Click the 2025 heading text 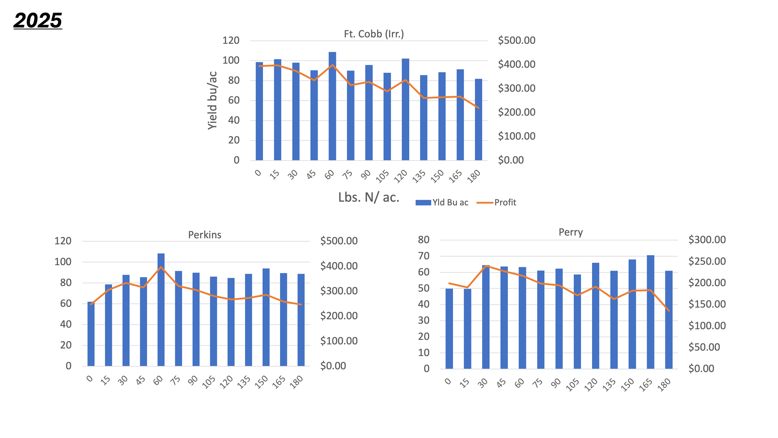[38, 20]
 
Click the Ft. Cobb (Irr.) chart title [374, 34]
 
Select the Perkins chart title [205, 235]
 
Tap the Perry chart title [571, 232]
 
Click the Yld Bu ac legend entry [442, 202]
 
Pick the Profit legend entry [497, 202]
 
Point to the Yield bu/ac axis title [212, 101]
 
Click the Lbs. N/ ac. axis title [369, 198]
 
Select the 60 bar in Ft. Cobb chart [332, 106]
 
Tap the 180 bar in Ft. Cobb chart [479, 120]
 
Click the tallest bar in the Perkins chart [161, 310]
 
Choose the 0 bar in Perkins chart [91, 334]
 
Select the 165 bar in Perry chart [650, 312]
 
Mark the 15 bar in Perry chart [467, 328]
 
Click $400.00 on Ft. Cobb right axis [517, 64]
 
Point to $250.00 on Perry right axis [707, 261]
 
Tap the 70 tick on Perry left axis [423, 256]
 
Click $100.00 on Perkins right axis [339, 341]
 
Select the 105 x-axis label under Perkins [209, 382]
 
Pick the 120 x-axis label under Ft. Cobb [401, 176]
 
